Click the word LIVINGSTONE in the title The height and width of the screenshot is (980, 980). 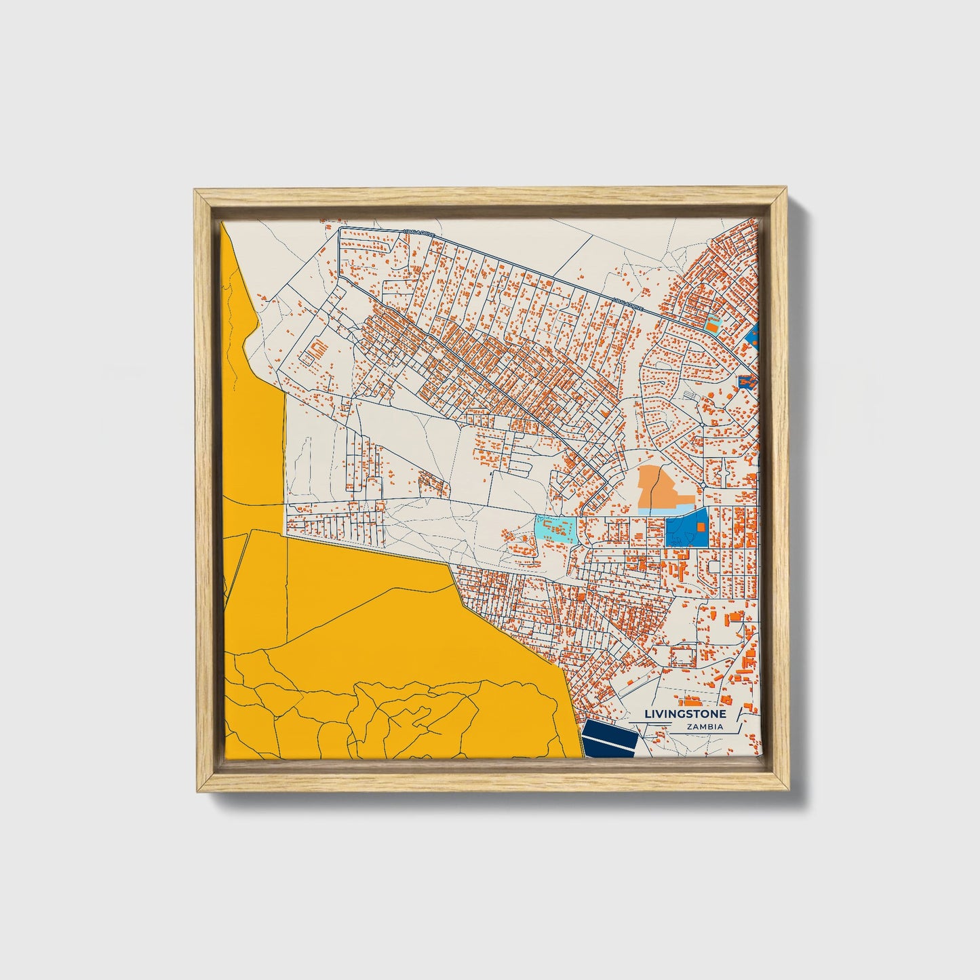pos(685,714)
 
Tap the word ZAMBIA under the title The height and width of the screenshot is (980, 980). pos(704,727)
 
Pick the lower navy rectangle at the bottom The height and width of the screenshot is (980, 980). pos(609,747)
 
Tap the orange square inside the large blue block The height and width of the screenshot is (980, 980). pos(701,527)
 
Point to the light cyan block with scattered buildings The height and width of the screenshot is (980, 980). pos(556,529)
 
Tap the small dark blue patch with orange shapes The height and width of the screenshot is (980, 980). pos(746,383)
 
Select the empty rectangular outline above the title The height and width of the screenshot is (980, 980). pos(683,656)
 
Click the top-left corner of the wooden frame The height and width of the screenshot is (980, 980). pos(197,193)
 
